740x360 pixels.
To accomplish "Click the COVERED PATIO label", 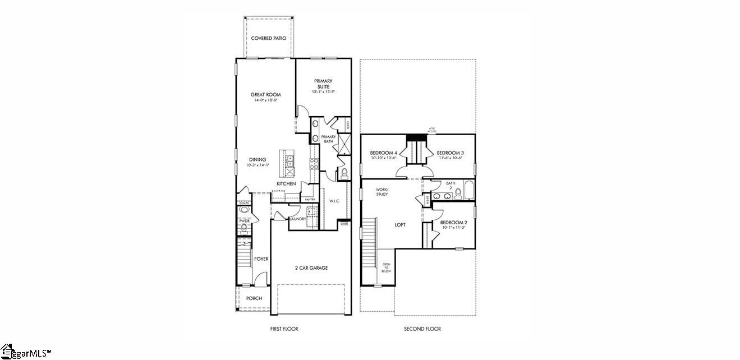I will [268, 38].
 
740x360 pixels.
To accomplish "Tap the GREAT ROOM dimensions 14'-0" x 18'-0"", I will [265, 100].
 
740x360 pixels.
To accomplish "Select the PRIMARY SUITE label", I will [323, 84].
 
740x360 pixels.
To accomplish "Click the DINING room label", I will [258, 160].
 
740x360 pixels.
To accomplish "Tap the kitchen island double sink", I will [289, 161].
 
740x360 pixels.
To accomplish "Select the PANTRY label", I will [309, 199].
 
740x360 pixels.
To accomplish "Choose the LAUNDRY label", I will [297, 219].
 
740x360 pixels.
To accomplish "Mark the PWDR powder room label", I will [244, 221].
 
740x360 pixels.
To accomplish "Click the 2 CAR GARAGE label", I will [311, 268].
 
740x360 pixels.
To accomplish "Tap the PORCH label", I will [254, 298].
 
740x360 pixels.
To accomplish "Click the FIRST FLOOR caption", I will [284, 329].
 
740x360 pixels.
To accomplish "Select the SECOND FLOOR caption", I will [422, 329].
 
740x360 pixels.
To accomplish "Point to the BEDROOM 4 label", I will [384, 153].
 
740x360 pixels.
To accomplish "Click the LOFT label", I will [399, 225].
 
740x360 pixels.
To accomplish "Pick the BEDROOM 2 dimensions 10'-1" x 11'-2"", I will [454, 228].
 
